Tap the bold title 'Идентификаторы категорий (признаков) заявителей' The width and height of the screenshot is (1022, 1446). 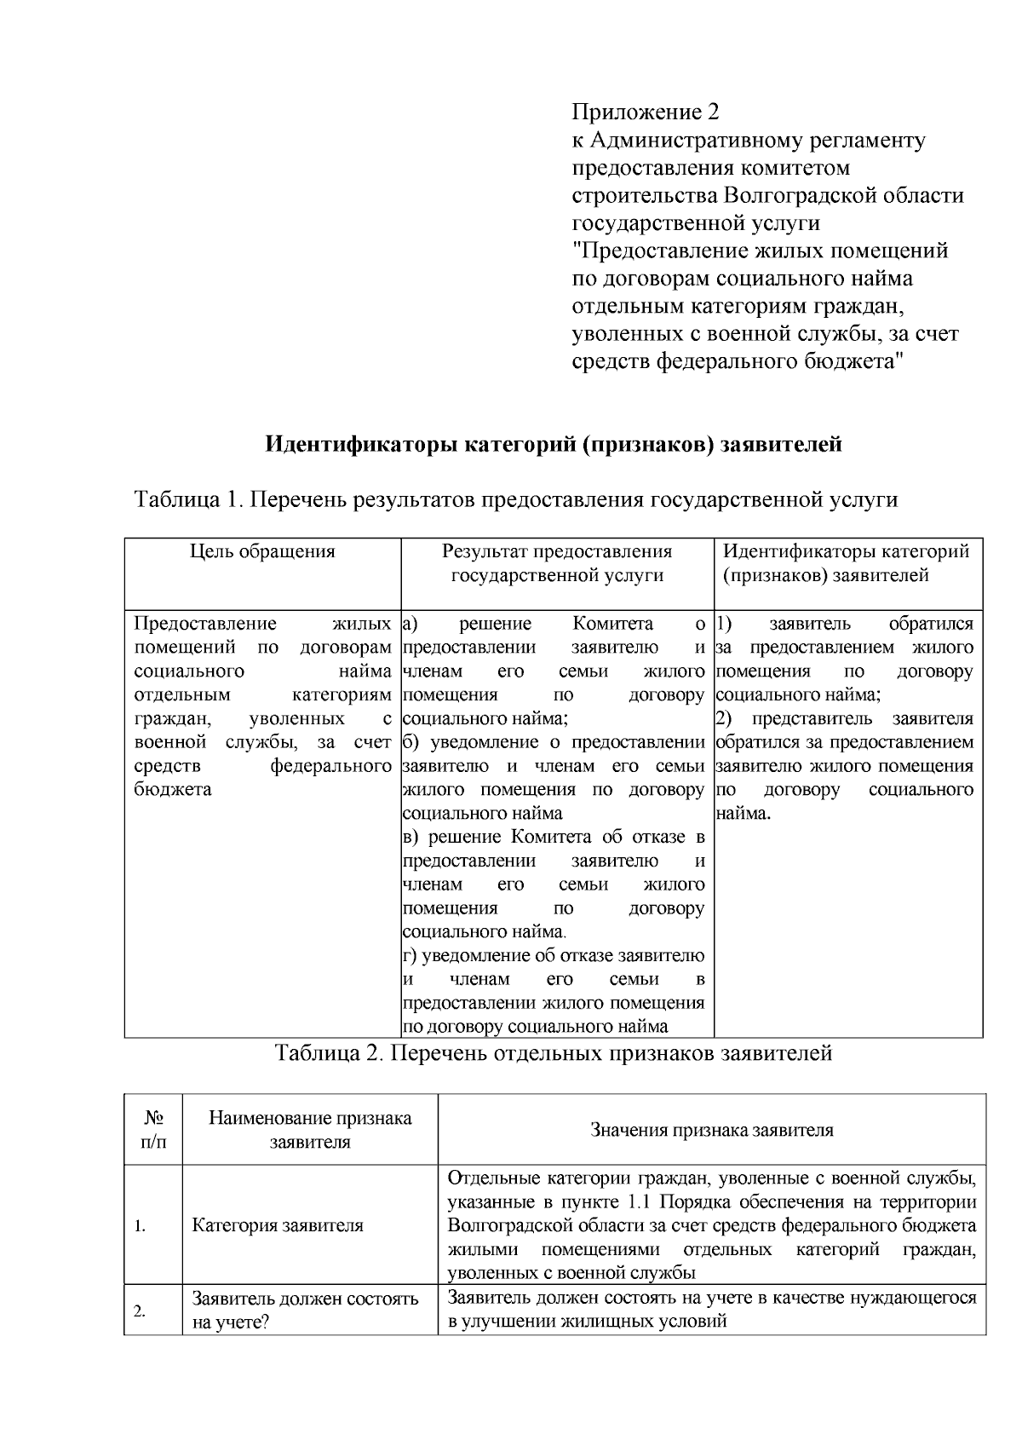coord(554,444)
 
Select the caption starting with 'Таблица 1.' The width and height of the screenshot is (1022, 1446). coord(516,498)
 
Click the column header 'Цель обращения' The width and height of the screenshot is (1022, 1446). coord(262,551)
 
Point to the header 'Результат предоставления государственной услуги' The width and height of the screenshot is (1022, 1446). coord(557,563)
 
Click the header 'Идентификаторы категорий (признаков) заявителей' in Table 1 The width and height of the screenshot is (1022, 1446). coord(846,563)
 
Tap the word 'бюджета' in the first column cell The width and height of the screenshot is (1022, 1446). coord(173,789)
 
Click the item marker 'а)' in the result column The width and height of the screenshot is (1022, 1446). coord(409,624)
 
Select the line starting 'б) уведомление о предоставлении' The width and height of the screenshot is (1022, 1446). coord(554,742)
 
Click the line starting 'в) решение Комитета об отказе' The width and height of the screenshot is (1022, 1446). coord(554,837)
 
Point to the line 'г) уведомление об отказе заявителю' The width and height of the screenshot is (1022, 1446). coord(554,955)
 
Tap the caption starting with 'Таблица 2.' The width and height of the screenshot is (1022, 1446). coord(553,1053)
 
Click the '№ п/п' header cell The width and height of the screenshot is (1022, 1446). coord(153,1129)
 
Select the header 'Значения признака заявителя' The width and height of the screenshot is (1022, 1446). coord(711,1130)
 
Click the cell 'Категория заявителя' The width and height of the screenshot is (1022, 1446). coord(278,1225)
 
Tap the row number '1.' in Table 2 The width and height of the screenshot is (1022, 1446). coord(141,1226)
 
